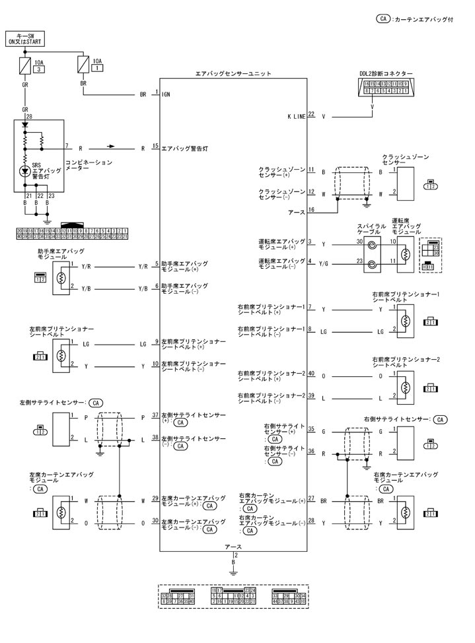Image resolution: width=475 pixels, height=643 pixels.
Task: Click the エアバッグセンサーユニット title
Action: pyautogui.click(x=233, y=75)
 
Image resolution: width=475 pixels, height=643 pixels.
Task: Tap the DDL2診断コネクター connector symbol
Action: pyautogui.click(x=373, y=88)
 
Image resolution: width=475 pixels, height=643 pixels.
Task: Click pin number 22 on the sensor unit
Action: pyautogui.click(x=311, y=114)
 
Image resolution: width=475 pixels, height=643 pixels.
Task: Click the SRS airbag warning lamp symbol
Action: pyautogui.click(x=25, y=171)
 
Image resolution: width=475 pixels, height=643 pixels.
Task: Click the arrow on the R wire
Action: pyautogui.click(x=111, y=147)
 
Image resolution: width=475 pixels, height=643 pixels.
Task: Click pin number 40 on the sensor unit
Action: pyautogui.click(x=311, y=373)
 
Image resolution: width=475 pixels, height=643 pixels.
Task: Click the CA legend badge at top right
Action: pyautogui.click(x=383, y=19)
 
